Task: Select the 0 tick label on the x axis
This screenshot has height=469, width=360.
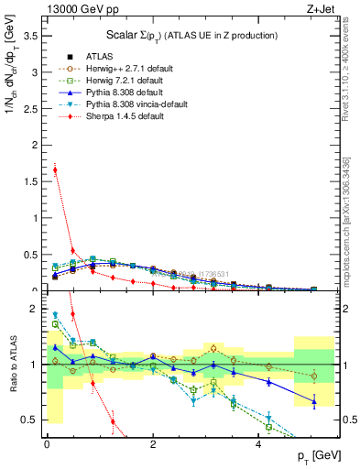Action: [47, 444]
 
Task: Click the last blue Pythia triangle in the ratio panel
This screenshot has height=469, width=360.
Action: [314, 401]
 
